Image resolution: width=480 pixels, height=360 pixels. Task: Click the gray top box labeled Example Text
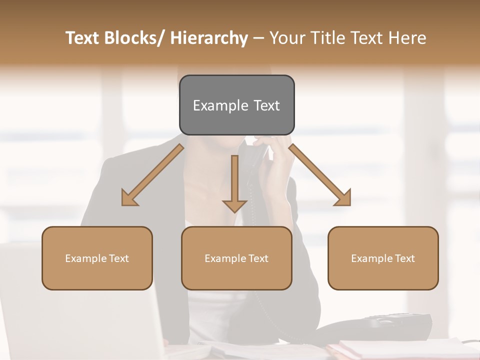tap(236, 105)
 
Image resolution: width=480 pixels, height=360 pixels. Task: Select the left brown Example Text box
tap(97, 258)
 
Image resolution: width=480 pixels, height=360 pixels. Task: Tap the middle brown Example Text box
tap(236, 258)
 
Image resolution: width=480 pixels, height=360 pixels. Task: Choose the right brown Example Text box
tap(383, 258)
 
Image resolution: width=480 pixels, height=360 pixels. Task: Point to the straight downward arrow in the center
tap(234, 182)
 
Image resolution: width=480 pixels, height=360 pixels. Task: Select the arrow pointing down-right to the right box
tap(320, 175)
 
